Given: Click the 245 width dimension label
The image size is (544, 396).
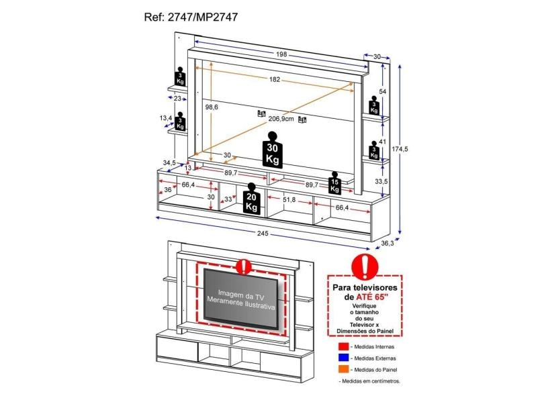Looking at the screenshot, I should coord(263,234).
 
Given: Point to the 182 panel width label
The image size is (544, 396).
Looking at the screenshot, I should coord(275,79).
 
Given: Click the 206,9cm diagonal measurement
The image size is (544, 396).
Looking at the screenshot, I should coord(281,119).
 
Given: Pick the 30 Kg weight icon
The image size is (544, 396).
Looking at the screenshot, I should coord(272,154).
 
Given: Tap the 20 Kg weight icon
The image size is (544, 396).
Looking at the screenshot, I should coord(252,199).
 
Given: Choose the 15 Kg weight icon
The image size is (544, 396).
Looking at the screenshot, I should coord(334,183).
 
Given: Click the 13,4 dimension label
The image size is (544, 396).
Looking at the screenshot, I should coord(165,118).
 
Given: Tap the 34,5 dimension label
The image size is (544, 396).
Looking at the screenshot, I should coord(169,162).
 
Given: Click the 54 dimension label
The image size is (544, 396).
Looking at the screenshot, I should coord(382,91).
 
